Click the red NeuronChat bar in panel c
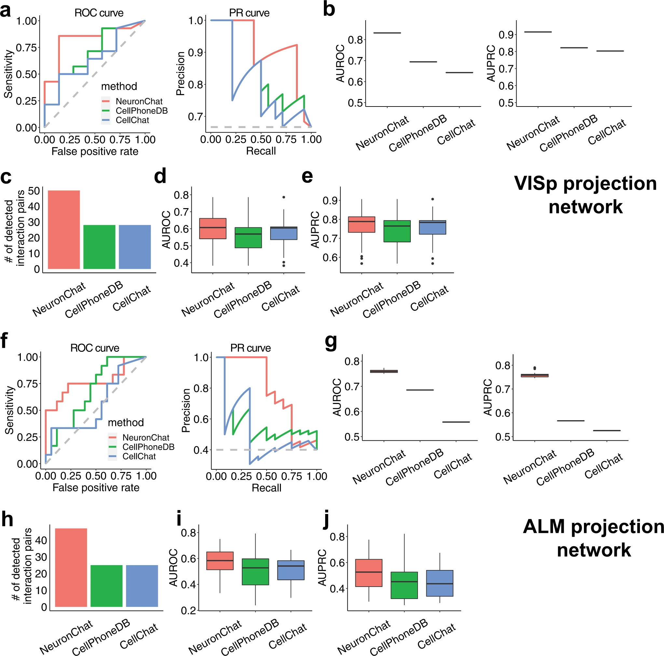coord(63,229)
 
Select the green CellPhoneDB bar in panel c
coord(99,247)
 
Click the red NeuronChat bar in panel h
coord(71,567)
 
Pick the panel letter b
coord(329,10)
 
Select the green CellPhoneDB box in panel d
coord(248,237)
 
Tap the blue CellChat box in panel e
coord(432,227)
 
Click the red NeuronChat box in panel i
coord(220,561)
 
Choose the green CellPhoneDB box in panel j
coord(404,585)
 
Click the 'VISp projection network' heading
coord(585,195)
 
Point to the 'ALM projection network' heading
coord(594,538)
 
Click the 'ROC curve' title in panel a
coord(99,13)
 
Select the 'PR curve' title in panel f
coord(250,348)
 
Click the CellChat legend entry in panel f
coord(139,456)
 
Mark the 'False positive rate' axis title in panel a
coord(95,151)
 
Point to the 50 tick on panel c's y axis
coord(34,191)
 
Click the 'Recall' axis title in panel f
coord(266,488)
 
